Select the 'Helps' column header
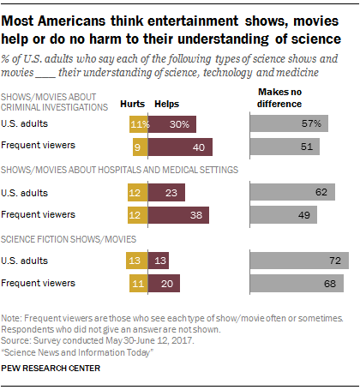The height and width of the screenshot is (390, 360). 166,105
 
